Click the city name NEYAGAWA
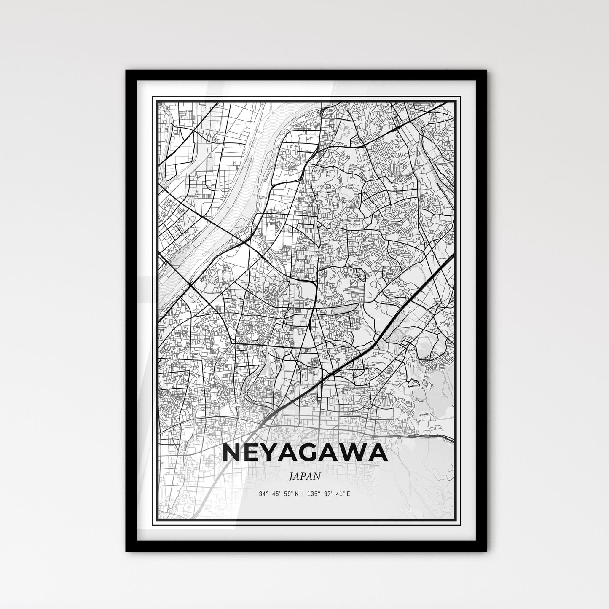[x=304, y=453]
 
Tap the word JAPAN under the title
[x=305, y=476]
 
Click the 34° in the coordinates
[x=264, y=493]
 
